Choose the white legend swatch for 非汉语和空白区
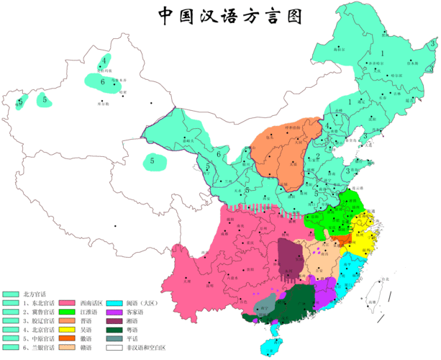(114, 348)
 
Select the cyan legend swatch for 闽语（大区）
(114, 304)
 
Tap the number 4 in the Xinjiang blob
(104, 60)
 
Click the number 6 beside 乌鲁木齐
(103, 81)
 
